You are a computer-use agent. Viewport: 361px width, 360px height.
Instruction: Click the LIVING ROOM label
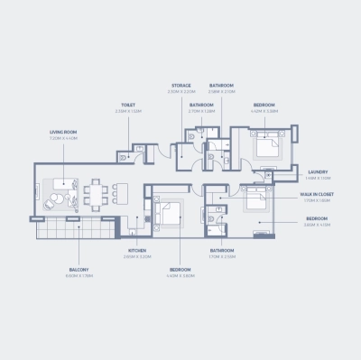62,132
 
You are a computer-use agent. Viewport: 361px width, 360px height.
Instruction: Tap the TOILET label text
128,105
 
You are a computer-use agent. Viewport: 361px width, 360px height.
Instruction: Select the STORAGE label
181,86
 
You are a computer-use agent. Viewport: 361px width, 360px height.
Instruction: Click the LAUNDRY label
317,171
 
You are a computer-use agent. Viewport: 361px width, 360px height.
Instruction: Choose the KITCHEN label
136,250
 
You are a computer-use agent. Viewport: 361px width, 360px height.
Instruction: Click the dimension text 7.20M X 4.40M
62,139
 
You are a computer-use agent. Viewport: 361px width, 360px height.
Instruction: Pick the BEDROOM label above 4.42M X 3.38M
264,105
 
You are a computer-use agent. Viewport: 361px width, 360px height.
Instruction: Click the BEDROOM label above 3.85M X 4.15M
316,218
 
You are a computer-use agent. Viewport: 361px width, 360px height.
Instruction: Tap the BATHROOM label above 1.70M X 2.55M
222,250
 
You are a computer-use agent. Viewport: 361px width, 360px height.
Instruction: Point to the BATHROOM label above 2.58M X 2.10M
222,86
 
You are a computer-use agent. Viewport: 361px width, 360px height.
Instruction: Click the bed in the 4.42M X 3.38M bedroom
267,144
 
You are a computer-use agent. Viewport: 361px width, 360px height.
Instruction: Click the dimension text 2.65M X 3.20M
136,257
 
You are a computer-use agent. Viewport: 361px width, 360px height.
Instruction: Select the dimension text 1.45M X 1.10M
317,179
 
